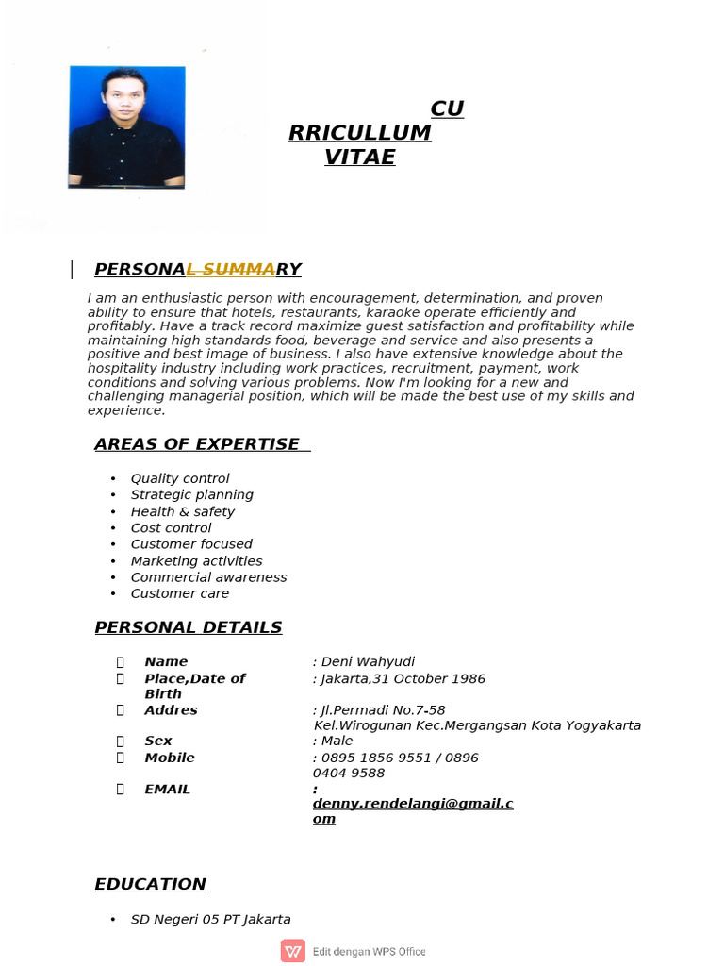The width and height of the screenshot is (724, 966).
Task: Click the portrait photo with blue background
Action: coord(126,127)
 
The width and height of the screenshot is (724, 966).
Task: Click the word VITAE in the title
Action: coord(359,158)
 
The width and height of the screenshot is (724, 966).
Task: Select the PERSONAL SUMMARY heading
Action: coord(198,270)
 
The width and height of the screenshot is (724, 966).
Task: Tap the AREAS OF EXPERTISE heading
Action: coord(197,444)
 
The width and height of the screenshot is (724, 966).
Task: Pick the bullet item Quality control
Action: coord(179,478)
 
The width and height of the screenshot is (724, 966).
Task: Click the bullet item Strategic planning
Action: coord(191,494)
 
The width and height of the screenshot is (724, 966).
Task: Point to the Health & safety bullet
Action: coord(182,511)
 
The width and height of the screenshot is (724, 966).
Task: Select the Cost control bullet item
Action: coord(171,527)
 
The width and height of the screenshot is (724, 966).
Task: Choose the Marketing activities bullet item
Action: coord(196,560)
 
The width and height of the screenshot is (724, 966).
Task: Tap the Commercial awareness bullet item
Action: coord(208,577)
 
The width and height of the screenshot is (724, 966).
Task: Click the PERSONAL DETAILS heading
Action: coord(189,627)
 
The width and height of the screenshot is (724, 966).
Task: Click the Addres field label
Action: coord(171,709)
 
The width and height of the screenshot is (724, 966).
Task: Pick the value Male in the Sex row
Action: coord(337,741)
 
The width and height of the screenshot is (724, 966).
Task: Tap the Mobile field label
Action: coord(170,758)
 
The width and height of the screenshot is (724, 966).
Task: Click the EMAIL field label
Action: coord(167,789)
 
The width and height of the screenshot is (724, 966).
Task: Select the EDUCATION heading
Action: coord(150,884)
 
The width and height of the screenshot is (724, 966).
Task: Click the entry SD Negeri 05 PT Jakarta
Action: coord(210,919)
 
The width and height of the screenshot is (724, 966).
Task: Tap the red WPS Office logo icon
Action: coord(292,951)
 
